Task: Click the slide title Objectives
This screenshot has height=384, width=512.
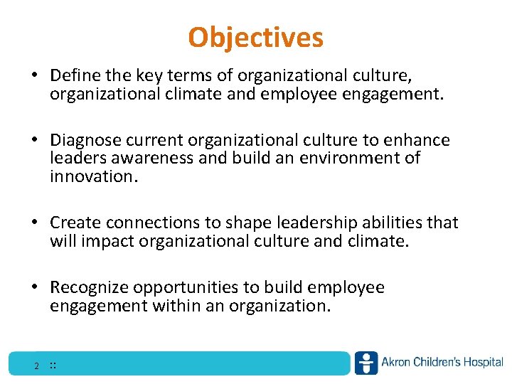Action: tap(256, 37)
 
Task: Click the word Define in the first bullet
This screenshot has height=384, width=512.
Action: tap(74, 75)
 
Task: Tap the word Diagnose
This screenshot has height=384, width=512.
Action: tap(85, 140)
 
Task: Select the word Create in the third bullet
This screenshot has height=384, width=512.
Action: tap(73, 223)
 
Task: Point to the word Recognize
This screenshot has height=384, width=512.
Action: tap(89, 287)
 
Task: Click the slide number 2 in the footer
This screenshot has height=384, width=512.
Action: tap(36, 367)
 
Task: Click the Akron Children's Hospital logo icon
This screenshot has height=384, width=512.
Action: tap(366, 363)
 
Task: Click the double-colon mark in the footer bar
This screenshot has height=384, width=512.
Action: tap(53, 366)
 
